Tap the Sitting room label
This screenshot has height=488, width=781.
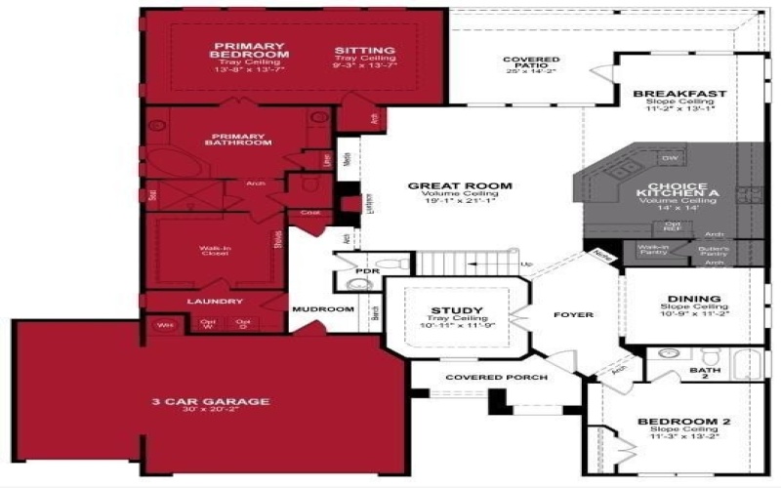pos(364,51)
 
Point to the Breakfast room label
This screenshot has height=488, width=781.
pos(679,94)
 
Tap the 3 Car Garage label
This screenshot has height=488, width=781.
pos(210,401)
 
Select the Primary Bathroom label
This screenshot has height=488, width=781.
pos(237,139)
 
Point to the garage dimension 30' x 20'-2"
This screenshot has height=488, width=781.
pos(210,413)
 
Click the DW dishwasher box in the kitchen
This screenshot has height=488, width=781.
pos(670,158)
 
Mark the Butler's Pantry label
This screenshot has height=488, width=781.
pos(714,250)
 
